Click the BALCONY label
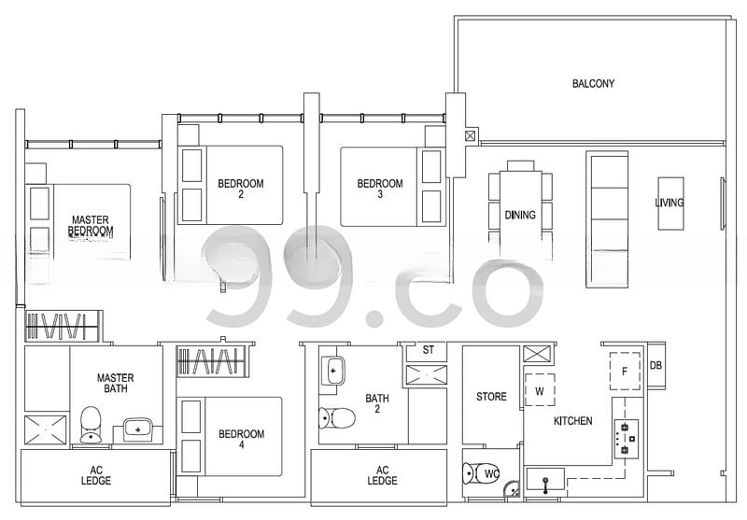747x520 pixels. coord(593,84)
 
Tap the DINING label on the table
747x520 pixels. coord(520,216)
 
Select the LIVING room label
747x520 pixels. coord(669,203)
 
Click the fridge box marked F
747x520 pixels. coord(625,372)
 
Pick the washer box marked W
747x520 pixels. coord(540,390)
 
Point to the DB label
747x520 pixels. coord(655,366)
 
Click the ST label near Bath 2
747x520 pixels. coord(429,350)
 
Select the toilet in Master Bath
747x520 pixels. coord(91,425)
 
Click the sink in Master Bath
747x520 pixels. coord(138,429)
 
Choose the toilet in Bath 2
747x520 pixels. coord(337,418)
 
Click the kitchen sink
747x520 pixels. coord(545,480)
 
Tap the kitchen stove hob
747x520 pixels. coord(626,439)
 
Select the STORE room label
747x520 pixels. coord(491,397)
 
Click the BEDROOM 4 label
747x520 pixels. coord(241,439)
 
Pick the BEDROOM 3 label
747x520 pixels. coord(380,189)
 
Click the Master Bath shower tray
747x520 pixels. coord(45,430)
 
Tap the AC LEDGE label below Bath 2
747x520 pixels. coord(382,476)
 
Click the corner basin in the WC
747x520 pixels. coord(512,489)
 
